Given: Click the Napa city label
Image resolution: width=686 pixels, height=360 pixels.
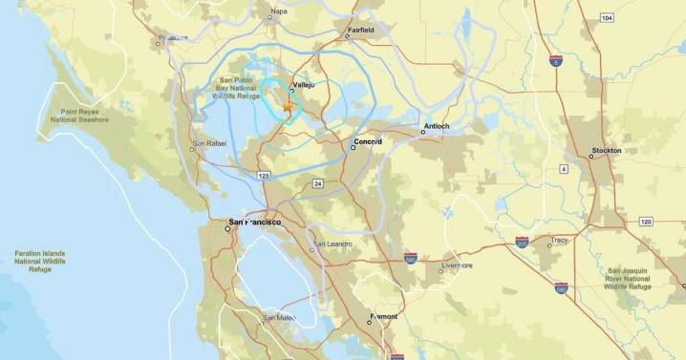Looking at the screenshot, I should (x=278, y=12).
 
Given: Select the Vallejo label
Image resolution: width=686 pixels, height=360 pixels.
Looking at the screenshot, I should (x=303, y=84).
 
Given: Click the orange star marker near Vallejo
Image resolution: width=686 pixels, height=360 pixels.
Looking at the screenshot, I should (x=288, y=112).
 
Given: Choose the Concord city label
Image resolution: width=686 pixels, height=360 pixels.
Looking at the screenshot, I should (x=368, y=141).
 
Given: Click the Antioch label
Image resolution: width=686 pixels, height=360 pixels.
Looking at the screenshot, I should (x=437, y=127).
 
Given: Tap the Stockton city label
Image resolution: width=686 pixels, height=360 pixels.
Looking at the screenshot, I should (x=606, y=150).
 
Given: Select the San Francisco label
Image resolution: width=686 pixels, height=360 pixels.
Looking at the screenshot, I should (x=254, y=222).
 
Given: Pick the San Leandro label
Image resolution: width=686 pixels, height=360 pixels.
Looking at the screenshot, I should (x=332, y=244).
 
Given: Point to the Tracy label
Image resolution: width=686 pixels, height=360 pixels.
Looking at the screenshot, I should (x=559, y=241).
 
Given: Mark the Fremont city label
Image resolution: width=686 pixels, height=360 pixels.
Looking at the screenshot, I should (x=384, y=316).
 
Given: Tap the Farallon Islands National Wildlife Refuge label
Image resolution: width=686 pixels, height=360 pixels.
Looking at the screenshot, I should (x=41, y=260).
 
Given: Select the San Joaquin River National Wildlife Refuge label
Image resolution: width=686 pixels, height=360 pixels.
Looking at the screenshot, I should (x=629, y=278).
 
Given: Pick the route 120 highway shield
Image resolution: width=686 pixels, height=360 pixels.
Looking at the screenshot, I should (x=646, y=222).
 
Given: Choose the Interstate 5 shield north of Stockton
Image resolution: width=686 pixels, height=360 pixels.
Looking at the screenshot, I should (x=555, y=60).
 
